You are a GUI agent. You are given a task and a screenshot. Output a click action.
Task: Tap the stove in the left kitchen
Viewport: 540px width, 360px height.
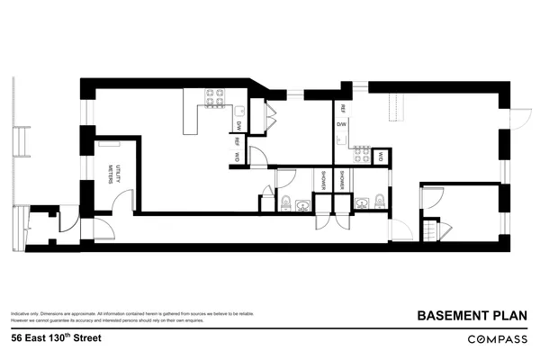(214, 97)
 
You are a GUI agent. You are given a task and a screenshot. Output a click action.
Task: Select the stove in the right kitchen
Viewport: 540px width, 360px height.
(362, 154)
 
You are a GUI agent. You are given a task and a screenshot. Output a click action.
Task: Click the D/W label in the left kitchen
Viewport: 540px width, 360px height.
(239, 125)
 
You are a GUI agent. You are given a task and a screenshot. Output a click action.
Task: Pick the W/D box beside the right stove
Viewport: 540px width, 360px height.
(382, 156)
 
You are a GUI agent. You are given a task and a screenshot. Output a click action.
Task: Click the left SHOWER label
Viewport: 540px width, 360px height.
(321, 180)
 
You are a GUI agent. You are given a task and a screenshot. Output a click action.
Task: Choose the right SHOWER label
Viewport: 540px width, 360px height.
(343, 180)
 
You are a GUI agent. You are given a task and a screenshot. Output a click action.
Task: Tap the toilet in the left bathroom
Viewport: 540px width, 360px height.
(284, 201)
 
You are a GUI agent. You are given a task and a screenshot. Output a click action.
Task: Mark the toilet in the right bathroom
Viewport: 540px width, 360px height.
(379, 201)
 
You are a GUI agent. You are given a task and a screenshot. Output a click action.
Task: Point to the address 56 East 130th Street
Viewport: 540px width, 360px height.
(56, 338)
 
